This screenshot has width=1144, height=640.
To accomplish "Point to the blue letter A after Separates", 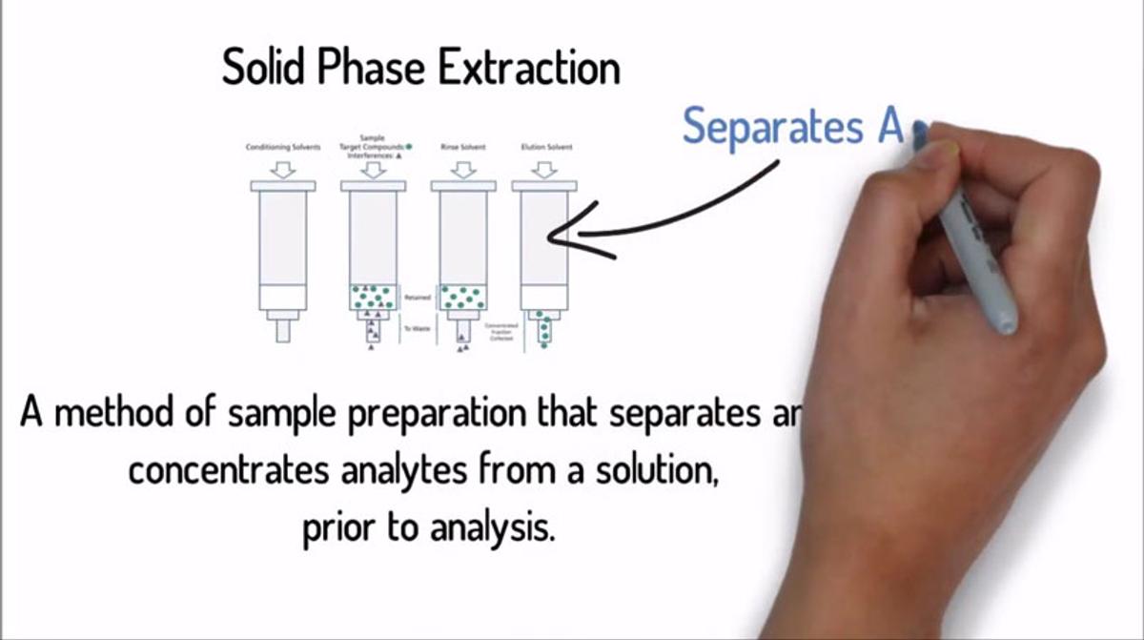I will point(889,126).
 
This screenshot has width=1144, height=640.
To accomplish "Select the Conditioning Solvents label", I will point(282,147).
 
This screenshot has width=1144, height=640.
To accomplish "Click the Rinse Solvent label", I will point(462,147).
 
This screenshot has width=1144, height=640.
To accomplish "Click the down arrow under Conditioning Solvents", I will point(282,169).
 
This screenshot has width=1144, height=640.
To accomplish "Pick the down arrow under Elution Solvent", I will point(543,169).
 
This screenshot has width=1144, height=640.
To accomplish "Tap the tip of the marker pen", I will point(919,134).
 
